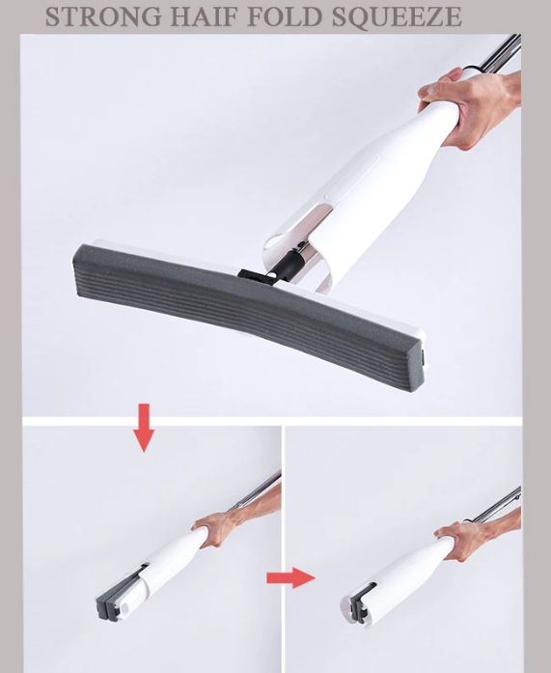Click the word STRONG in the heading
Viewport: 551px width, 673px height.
click(103, 16)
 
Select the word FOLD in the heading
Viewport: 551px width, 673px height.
click(285, 16)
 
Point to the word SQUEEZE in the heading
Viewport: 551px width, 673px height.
click(397, 17)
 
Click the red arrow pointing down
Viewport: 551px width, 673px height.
click(144, 428)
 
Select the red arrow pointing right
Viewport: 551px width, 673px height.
click(290, 577)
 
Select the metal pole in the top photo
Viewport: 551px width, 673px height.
click(500, 54)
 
